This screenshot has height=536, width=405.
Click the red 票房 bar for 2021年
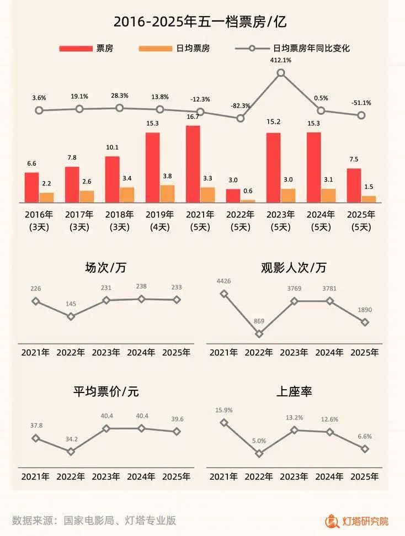coord(193,164)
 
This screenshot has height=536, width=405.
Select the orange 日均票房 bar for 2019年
coord(167,193)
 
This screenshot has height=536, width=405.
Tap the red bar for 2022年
coord(233,195)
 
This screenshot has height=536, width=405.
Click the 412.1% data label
coord(281,60)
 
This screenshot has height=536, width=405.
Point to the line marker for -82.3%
coord(241,118)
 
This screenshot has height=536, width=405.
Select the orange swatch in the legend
coord(156,49)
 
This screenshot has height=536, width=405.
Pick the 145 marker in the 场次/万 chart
coord(71,316)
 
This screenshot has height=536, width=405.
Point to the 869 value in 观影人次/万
coord(259,321)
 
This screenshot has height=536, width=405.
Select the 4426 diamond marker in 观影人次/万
coord(224,294)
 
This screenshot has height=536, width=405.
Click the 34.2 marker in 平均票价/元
coord(71,452)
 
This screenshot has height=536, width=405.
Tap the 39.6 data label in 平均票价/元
coord(177,418)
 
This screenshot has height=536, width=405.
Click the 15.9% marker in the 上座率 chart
coord(224,422)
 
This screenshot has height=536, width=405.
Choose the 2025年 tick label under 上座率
coord(365,476)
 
